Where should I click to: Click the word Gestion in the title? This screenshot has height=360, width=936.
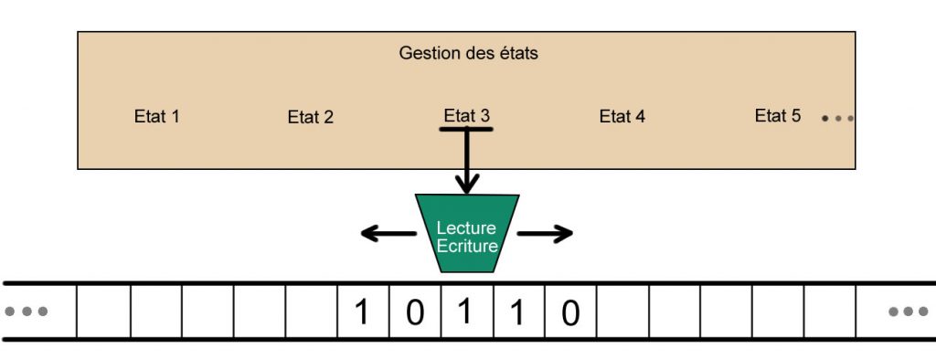click(426, 53)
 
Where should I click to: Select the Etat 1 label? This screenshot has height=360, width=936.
click(156, 117)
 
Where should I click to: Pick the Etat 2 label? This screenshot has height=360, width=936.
click(311, 117)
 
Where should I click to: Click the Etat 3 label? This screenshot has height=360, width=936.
click(466, 115)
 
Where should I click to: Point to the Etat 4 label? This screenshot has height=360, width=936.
click(622, 116)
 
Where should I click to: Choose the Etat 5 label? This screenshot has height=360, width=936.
click(778, 115)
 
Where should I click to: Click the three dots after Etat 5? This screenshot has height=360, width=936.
click(836, 118)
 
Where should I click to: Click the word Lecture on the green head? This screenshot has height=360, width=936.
click(466, 228)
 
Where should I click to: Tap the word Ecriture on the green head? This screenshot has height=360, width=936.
click(467, 246)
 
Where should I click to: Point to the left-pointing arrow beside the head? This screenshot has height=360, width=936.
click(383, 234)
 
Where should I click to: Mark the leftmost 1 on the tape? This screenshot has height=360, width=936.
click(362, 312)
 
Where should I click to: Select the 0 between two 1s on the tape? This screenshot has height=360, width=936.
click(414, 313)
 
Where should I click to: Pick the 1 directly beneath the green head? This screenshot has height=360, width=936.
click(464, 312)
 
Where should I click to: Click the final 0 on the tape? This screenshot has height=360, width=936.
click(570, 313)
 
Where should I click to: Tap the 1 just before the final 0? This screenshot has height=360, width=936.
click(517, 312)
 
